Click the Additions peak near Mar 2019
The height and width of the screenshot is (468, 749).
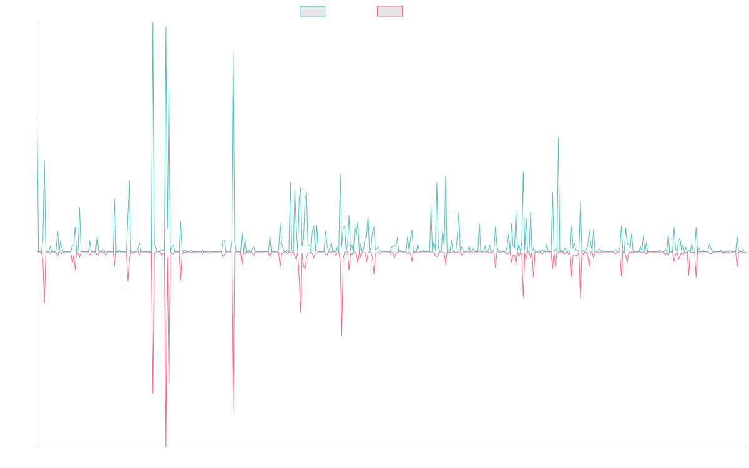coord(233,52)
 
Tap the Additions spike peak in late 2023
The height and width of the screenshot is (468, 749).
coord(559,138)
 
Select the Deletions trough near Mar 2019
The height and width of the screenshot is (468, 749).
coord(233,411)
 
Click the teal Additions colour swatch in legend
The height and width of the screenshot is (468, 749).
coord(313,11)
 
